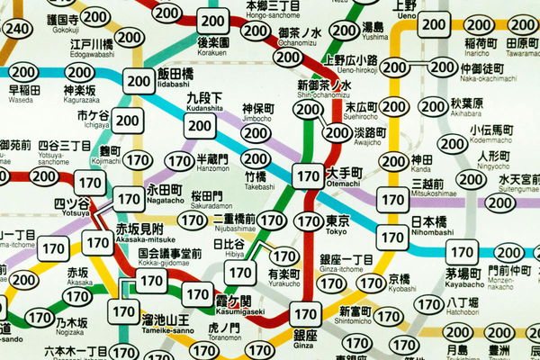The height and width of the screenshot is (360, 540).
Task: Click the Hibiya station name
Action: pos(227,247)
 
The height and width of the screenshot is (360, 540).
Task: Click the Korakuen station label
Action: pos(214,46)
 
